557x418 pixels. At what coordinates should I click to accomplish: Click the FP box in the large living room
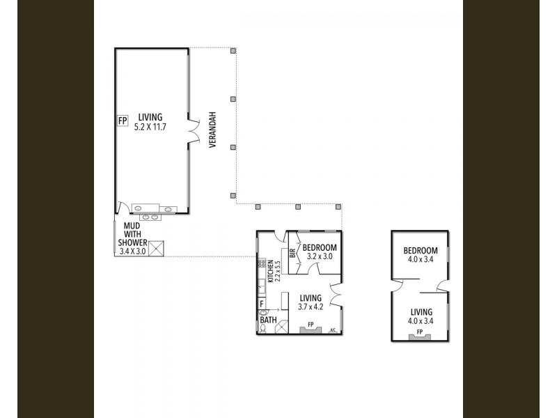(x=123, y=121)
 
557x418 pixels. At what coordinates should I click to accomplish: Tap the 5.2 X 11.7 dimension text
(x=150, y=129)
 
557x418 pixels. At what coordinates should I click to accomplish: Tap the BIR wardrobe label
(x=292, y=254)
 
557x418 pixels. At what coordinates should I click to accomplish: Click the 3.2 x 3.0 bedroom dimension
(x=320, y=256)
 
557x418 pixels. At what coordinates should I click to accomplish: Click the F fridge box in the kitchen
(x=262, y=304)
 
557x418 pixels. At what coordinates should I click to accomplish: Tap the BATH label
(x=269, y=320)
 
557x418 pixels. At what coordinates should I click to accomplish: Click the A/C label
(x=333, y=330)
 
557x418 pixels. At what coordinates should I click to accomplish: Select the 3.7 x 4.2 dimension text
(x=311, y=307)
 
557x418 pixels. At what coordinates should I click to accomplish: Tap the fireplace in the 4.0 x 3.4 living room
(x=419, y=336)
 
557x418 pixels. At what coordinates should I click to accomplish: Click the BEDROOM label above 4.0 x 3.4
(x=421, y=251)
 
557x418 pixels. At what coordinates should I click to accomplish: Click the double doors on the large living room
(x=194, y=132)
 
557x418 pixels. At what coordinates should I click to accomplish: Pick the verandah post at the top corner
(x=234, y=50)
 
